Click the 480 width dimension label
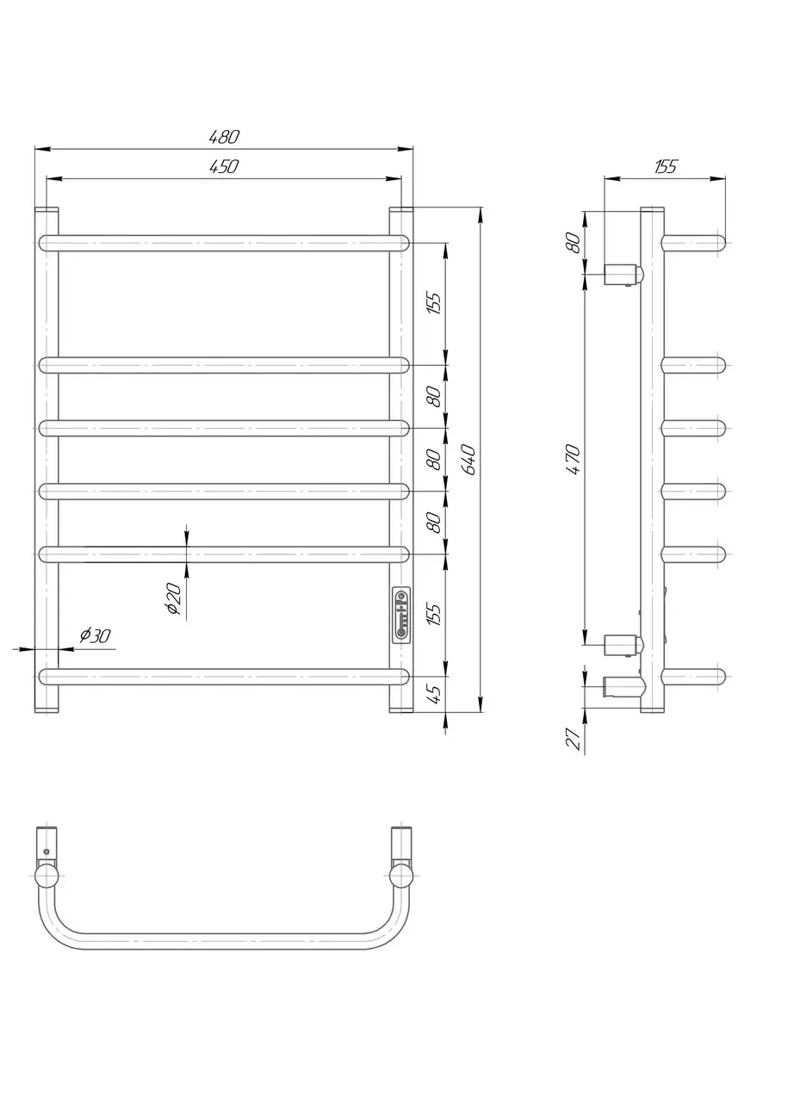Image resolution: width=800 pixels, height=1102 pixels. click(225, 137)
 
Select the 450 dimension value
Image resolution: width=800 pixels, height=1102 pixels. click(224, 167)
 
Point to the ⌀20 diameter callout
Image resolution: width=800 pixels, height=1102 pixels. click(173, 598)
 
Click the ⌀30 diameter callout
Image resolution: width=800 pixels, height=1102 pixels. click(95, 635)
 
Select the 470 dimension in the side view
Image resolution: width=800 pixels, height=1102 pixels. click(574, 459)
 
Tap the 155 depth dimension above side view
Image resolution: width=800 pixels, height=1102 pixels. click(665, 167)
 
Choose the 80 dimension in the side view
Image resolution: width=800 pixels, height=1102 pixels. click(574, 243)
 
